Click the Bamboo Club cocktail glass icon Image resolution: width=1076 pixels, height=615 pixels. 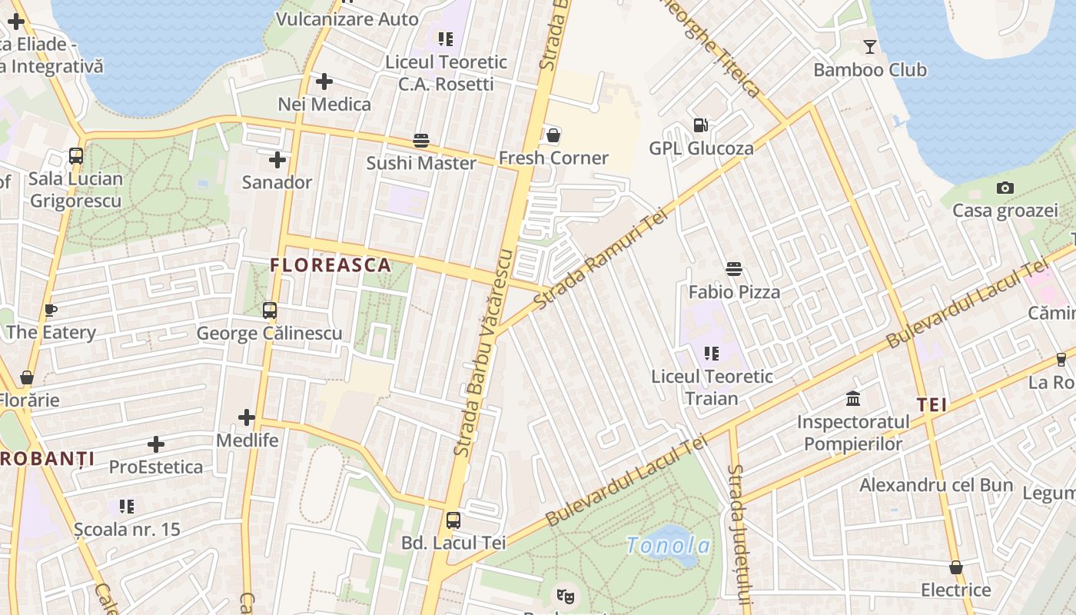coord(869,47)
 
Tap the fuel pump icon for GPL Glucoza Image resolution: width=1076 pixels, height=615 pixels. coord(700,125)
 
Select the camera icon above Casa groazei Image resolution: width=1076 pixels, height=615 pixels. coord(1005,188)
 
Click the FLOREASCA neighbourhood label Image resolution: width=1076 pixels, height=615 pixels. coord(330,266)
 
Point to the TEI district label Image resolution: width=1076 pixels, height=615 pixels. coord(932,405)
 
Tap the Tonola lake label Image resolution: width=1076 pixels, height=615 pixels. coord(668,545)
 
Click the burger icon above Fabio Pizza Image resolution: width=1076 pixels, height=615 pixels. coord(734,269)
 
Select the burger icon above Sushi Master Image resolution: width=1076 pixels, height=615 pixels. coord(421,141)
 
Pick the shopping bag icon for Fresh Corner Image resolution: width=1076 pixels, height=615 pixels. coord(553,136)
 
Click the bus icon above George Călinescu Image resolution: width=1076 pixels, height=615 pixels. coord(270,311)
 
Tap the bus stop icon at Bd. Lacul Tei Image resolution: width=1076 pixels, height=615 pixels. coord(453,520)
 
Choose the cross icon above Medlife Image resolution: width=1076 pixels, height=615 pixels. coord(247,417)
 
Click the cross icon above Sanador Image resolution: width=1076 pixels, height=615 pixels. coord(277,160)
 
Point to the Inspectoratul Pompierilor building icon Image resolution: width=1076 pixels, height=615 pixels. coord(853,399)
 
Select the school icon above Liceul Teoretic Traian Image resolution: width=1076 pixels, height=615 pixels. coord(712,354)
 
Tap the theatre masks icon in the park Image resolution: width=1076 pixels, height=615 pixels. coord(565,594)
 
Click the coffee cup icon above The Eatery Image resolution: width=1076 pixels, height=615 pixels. coord(51,311)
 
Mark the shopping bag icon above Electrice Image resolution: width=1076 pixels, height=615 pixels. coord(956,567)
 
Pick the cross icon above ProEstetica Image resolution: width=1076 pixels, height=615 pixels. coord(156,444)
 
